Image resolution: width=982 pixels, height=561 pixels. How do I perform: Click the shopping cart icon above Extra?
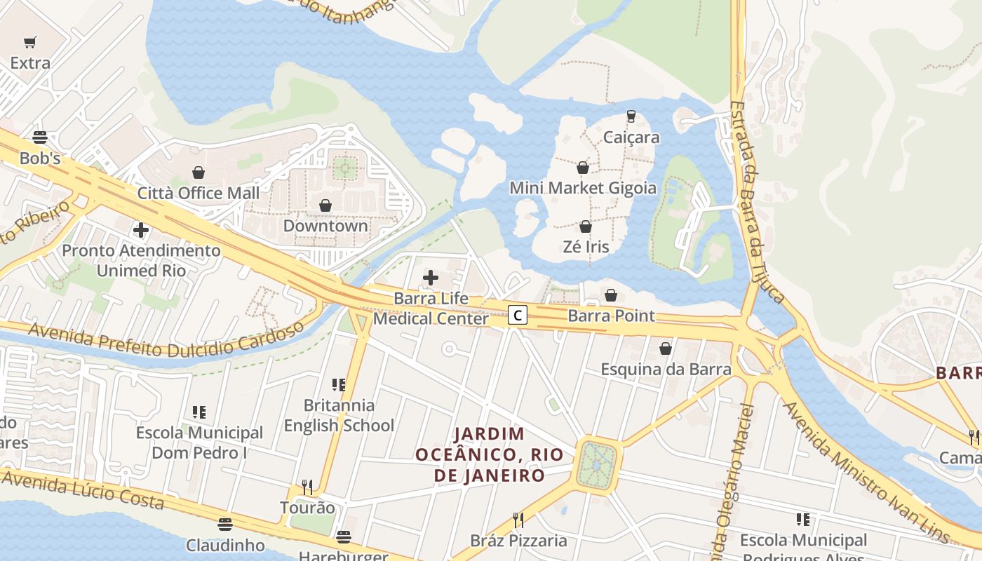(30, 43)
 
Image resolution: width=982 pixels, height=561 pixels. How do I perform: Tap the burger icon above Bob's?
(40, 137)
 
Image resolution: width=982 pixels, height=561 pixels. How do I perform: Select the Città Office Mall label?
(199, 193)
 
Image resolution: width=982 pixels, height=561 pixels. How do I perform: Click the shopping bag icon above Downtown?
(325, 205)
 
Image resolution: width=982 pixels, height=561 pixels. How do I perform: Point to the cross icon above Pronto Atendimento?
(141, 229)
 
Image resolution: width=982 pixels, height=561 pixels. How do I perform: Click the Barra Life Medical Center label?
(431, 309)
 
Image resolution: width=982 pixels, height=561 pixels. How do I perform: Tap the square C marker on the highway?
(517, 316)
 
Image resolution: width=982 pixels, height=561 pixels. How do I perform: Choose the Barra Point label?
(611, 316)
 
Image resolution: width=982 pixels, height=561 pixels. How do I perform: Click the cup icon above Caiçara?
(631, 116)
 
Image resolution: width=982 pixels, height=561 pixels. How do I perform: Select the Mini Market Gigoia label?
(583, 188)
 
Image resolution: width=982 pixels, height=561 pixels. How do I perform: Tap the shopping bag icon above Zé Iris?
(586, 227)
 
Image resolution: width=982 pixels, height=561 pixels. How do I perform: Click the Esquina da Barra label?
(666, 369)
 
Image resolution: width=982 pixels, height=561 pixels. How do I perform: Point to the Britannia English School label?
(339, 415)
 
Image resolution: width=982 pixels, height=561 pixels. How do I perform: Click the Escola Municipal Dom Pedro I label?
(200, 442)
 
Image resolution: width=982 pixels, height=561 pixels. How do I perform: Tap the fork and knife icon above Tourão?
(307, 487)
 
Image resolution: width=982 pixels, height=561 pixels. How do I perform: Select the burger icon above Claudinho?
(224, 524)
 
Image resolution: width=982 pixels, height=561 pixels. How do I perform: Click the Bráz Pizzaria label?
(518, 541)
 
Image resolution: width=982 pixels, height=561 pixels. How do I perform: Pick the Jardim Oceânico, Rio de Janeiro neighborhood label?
(490, 454)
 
